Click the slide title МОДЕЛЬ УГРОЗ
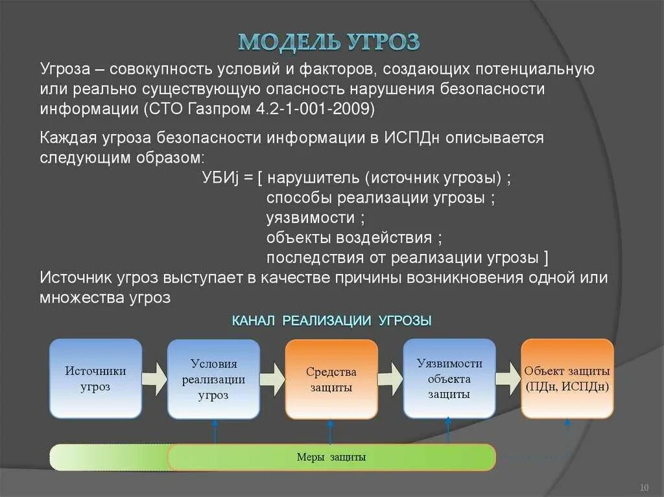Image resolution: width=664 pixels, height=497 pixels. click(x=329, y=41)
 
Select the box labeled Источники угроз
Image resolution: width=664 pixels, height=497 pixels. click(x=95, y=378)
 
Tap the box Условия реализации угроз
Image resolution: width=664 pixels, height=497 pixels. click(x=213, y=379)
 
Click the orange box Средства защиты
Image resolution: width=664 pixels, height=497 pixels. click(x=331, y=379)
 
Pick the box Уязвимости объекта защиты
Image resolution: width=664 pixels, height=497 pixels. click(x=449, y=379)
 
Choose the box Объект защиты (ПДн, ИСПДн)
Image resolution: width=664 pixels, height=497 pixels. click(x=567, y=379)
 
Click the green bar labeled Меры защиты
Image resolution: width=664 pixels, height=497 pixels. click(x=331, y=457)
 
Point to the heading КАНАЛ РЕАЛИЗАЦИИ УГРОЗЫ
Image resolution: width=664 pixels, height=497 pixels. click(x=331, y=320)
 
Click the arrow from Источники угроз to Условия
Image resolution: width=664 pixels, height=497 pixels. click(x=154, y=379)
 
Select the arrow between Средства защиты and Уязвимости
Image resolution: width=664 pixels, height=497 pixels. click(x=390, y=379)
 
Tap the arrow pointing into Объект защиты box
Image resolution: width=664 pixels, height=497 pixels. click(x=508, y=379)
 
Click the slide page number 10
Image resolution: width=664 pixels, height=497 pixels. click(x=645, y=487)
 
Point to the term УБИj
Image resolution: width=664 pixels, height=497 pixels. click(x=220, y=178)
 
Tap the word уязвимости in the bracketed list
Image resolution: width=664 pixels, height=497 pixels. click(x=311, y=218)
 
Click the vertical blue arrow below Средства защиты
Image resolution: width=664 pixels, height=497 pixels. click(x=330, y=432)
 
